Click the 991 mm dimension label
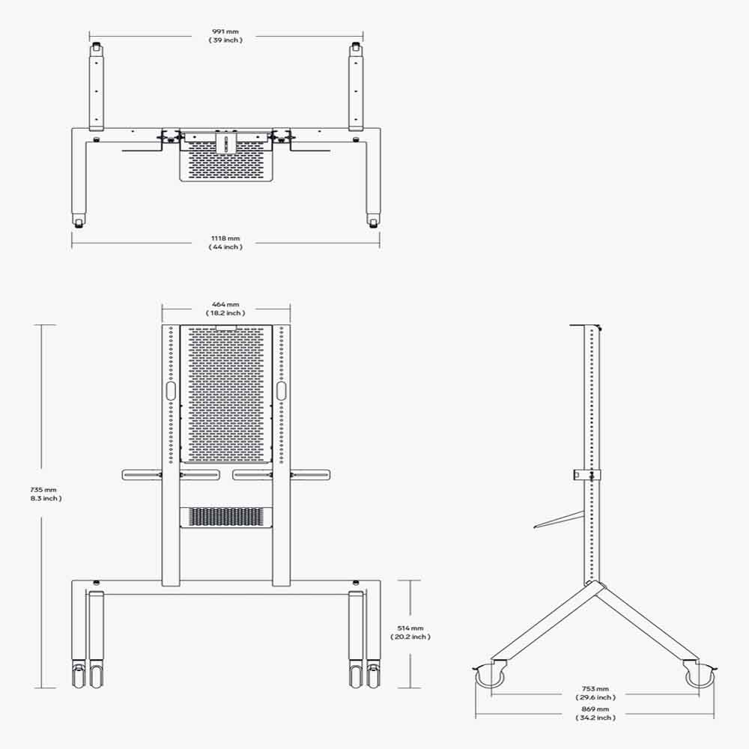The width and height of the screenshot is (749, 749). [225, 32]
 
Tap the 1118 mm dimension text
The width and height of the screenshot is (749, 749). [225, 239]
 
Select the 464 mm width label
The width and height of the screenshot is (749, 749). [225, 305]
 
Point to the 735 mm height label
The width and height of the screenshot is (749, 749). [41, 489]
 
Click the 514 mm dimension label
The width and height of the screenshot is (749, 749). [410, 628]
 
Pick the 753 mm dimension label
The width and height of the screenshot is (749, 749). [596, 688]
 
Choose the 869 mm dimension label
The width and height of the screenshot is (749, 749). [596, 709]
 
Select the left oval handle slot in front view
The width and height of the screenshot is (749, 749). [170, 391]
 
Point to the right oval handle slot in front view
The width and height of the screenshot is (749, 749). [281, 391]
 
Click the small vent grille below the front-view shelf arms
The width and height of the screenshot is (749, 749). [225, 517]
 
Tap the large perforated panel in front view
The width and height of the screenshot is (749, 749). [225, 394]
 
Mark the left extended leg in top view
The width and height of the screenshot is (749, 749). [97, 86]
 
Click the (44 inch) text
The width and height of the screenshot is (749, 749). [225, 247]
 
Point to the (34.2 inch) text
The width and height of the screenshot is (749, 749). [596, 718]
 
